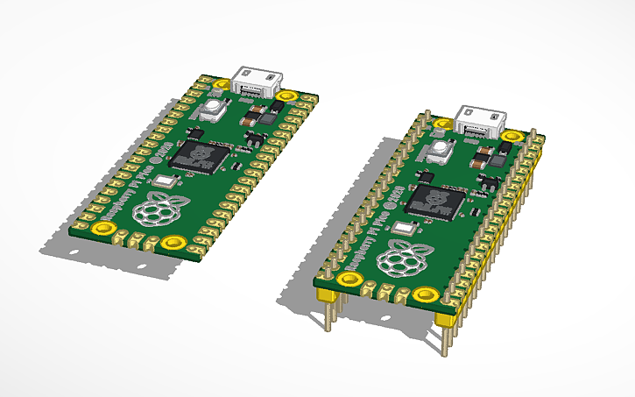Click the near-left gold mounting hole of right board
349,280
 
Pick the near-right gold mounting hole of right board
427,294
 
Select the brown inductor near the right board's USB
482,159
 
